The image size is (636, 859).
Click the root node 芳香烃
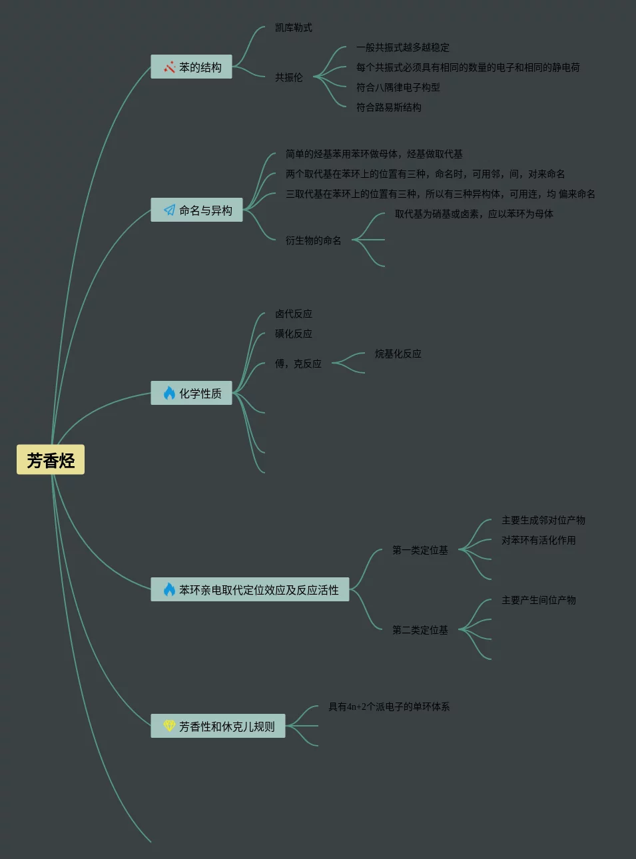click(x=51, y=460)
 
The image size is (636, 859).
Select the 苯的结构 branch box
click(x=192, y=67)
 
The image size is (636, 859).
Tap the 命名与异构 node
click(x=197, y=210)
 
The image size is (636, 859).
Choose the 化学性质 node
click(x=192, y=394)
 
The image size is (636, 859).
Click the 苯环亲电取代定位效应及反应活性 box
click(x=250, y=590)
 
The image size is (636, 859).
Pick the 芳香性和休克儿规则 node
click(x=218, y=726)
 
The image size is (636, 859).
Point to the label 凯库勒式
click(x=294, y=28)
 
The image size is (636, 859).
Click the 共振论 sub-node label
click(x=289, y=78)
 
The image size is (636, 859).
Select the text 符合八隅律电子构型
click(x=398, y=88)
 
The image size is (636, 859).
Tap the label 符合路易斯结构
click(x=389, y=108)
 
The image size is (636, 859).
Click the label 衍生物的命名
click(x=314, y=241)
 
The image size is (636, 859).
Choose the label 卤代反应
click(x=294, y=314)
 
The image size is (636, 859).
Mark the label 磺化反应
click(x=294, y=334)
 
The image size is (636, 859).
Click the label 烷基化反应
click(x=398, y=354)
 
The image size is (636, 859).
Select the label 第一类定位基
click(x=420, y=551)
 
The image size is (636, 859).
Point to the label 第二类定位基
click(x=420, y=631)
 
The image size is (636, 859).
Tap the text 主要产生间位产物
click(x=539, y=601)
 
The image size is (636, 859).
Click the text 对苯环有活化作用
click(x=539, y=541)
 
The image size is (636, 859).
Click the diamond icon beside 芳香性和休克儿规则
click(x=169, y=726)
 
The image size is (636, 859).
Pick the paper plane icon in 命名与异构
click(x=169, y=210)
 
